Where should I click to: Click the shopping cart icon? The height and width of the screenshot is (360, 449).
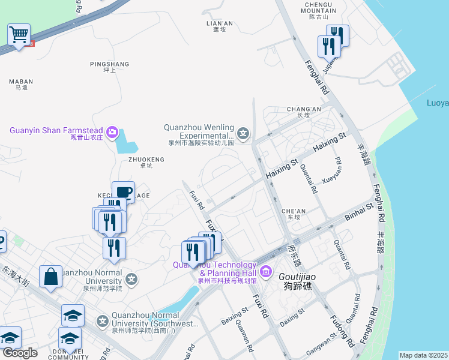click(19, 35)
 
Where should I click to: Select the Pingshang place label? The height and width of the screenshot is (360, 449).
click(109, 67)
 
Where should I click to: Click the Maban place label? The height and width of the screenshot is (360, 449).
click(22, 84)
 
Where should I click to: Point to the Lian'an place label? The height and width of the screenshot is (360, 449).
click(219, 26)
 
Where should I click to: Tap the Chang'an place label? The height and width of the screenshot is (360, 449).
click(304, 112)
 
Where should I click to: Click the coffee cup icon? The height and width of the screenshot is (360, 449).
click(123, 193)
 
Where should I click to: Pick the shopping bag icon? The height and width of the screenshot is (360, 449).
click(51, 277)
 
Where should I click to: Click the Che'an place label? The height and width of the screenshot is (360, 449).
click(294, 214)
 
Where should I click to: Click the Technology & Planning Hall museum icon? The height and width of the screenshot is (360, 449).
click(266, 271)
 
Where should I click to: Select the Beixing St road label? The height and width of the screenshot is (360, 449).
click(235, 316)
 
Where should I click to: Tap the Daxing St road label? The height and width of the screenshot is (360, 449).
click(292, 316)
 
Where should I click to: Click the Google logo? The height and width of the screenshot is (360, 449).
click(20, 353)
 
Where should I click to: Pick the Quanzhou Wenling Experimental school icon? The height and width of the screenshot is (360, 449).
click(243, 133)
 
